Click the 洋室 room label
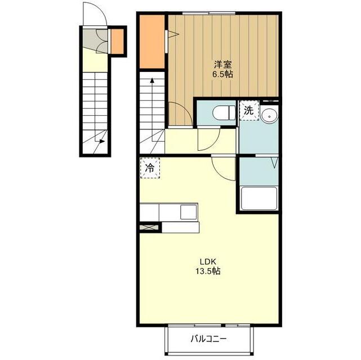coord(222,64)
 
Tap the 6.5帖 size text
coord(222,74)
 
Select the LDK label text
coord(208,262)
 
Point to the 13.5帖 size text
coord(208,271)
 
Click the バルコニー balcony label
coord(208,339)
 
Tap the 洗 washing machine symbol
coord(249,111)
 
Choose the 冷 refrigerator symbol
coord(150,168)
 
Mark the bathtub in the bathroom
coord(259,198)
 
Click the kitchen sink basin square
coord(188,212)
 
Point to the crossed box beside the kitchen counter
coord(149,227)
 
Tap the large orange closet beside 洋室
coord(152,42)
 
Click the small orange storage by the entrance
coord(117,42)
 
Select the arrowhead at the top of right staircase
coord(152,80)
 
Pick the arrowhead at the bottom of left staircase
coord(102,141)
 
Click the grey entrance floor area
coord(95,40)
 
